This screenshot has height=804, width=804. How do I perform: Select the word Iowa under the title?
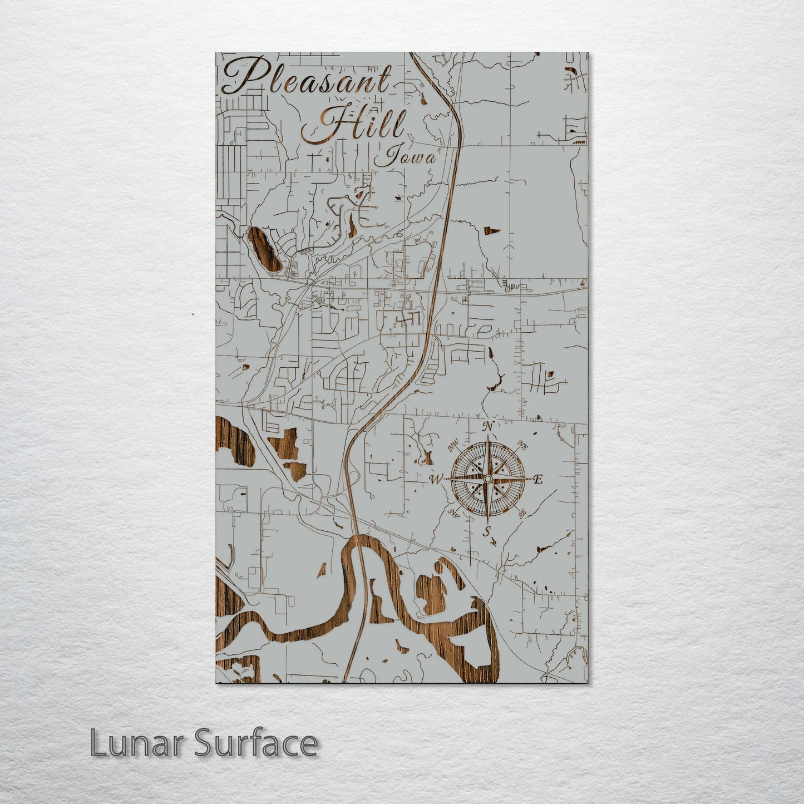pos(405,157)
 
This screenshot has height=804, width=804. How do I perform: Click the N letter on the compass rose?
pos(488,427)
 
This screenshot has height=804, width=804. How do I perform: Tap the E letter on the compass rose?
pos(537,480)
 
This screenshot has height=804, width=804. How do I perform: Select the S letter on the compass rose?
pos(486,532)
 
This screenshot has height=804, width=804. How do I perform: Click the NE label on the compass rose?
pos(522,445)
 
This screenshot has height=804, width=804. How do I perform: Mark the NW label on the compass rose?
pos(453,444)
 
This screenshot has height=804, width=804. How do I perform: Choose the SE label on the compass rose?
pos(522,514)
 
